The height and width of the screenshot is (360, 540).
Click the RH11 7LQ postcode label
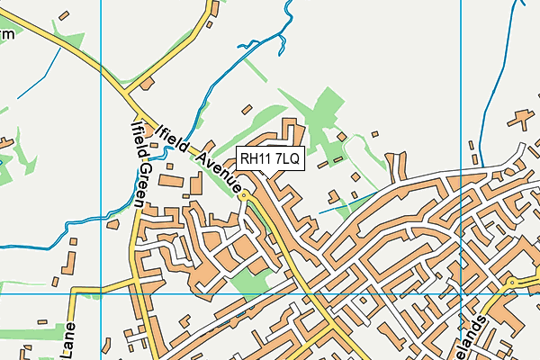tap(272, 158)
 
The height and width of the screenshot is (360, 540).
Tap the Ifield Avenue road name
tap(199, 158)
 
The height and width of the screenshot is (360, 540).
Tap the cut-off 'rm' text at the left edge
tap(7, 33)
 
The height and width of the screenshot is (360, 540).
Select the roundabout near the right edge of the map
tap(511, 283)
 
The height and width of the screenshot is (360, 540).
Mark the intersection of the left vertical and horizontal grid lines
tap(101, 293)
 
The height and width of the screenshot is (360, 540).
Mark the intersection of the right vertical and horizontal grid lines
tap(460, 293)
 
